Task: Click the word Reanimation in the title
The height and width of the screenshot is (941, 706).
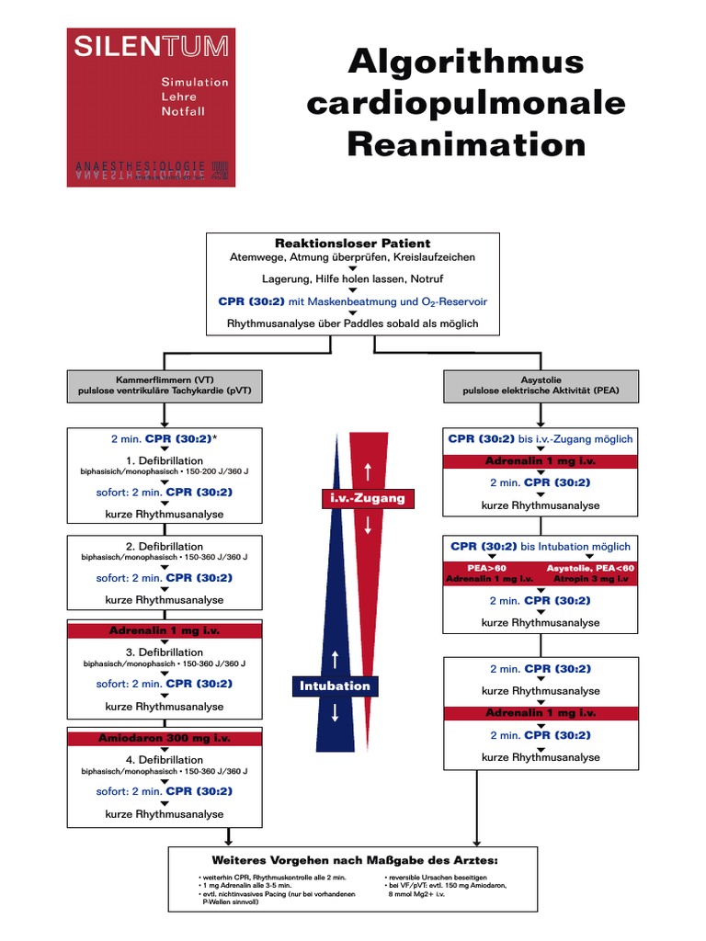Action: click(446, 144)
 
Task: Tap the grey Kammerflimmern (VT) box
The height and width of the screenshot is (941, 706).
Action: click(165, 384)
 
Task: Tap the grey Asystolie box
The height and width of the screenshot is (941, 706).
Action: click(541, 384)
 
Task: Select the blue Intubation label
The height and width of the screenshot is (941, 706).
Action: click(335, 686)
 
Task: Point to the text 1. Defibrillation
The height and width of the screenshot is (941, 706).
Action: click(165, 459)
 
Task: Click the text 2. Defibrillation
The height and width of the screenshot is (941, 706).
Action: click(165, 547)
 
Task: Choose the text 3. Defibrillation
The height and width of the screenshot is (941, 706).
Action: click(165, 652)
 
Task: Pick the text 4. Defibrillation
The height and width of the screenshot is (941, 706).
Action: click(165, 760)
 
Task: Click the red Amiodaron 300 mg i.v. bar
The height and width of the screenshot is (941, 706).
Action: click(165, 738)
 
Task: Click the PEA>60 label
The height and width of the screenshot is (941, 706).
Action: click(487, 568)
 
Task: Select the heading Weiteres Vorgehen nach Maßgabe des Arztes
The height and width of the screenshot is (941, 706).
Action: click(355, 860)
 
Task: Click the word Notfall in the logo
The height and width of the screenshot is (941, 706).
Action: click(183, 111)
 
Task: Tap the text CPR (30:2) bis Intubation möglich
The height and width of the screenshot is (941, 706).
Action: click(541, 546)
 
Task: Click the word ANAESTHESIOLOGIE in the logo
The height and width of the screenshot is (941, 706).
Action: click(140, 166)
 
